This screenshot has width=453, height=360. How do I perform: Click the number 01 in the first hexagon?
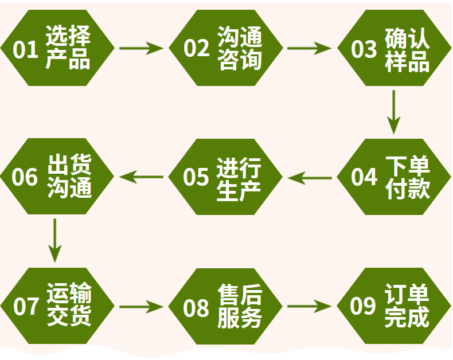[26, 49]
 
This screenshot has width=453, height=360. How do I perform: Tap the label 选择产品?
[68, 48]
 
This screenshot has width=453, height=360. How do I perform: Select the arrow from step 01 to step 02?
[141, 48]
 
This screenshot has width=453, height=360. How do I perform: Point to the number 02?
[197, 49]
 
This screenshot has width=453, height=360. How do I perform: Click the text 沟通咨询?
[240, 48]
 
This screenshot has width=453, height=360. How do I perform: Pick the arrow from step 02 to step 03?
[309, 48]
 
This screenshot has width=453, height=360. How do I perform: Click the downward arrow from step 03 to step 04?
[393, 111]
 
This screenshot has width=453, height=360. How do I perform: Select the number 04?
[364, 178]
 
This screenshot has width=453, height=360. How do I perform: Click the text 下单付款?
[408, 177]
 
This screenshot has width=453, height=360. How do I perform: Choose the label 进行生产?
[239, 178]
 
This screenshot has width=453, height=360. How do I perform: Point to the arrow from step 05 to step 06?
[141, 177]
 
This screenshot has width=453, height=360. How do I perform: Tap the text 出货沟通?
[69, 177]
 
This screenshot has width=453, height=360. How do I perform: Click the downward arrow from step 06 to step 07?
[54, 239]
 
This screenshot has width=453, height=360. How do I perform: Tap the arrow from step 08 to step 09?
[309, 306]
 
